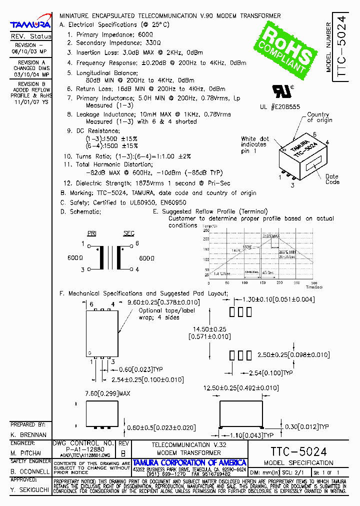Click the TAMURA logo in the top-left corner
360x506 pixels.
point(30,24)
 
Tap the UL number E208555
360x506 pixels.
point(279,107)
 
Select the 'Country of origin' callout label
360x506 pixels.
point(319,117)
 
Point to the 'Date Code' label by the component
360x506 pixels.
point(332,179)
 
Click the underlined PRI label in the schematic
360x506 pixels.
point(91,233)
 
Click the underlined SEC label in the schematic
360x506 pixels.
point(128,233)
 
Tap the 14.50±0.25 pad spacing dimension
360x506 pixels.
point(209,329)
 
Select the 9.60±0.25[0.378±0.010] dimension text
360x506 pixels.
point(163,302)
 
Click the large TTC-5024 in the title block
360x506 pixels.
point(298,450)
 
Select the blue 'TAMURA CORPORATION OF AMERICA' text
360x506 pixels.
point(189,462)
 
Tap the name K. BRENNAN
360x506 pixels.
point(28,435)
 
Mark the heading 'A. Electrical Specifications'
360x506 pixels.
point(98,24)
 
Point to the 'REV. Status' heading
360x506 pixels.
point(30,36)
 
